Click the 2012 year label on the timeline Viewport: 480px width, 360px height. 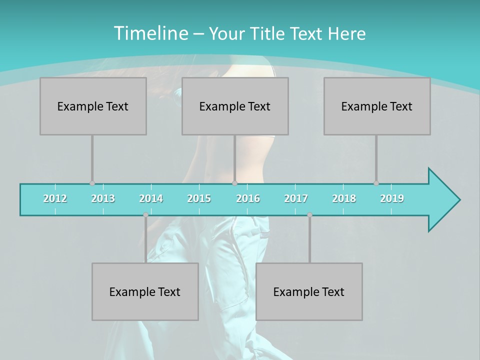point(55,198)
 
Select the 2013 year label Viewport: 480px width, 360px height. point(103,198)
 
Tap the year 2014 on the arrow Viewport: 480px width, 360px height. point(151,198)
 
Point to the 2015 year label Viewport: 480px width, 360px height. point(199,198)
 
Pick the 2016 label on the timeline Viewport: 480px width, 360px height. point(248,198)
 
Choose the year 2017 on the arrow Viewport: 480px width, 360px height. point(296,198)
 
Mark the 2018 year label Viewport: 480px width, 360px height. point(344,198)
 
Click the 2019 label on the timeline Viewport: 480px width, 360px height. point(392,198)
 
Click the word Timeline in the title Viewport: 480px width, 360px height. point(149,33)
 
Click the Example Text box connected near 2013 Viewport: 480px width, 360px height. point(93,106)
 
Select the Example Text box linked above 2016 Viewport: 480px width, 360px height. point(235,106)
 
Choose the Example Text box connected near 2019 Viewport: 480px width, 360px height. point(377,106)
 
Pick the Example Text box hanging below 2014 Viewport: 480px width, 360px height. point(145,291)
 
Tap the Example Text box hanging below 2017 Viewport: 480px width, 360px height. point(309,291)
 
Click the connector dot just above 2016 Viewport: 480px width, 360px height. point(235,183)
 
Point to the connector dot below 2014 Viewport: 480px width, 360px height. point(145,215)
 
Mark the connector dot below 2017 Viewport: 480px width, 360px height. point(309,215)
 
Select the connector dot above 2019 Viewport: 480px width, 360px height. point(376,183)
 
